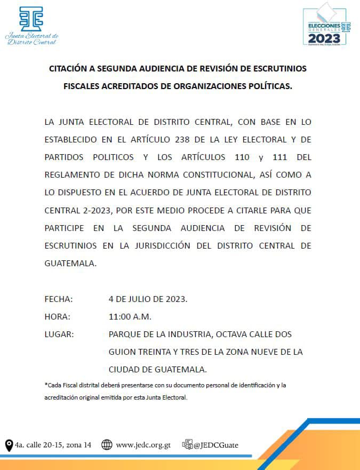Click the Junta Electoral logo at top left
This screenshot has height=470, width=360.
[31, 25]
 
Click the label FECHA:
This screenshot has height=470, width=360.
[58, 299]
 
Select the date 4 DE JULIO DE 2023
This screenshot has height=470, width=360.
[148, 299]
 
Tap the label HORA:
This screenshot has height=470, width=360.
[57, 316]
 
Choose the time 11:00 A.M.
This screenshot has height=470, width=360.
[130, 316]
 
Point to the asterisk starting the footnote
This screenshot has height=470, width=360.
[46, 385]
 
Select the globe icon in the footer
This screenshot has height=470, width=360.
[107, 445]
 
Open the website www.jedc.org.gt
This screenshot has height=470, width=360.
[143, 445]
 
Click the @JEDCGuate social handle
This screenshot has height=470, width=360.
[216, 445]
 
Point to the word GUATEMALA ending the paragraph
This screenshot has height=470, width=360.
[70, 263]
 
